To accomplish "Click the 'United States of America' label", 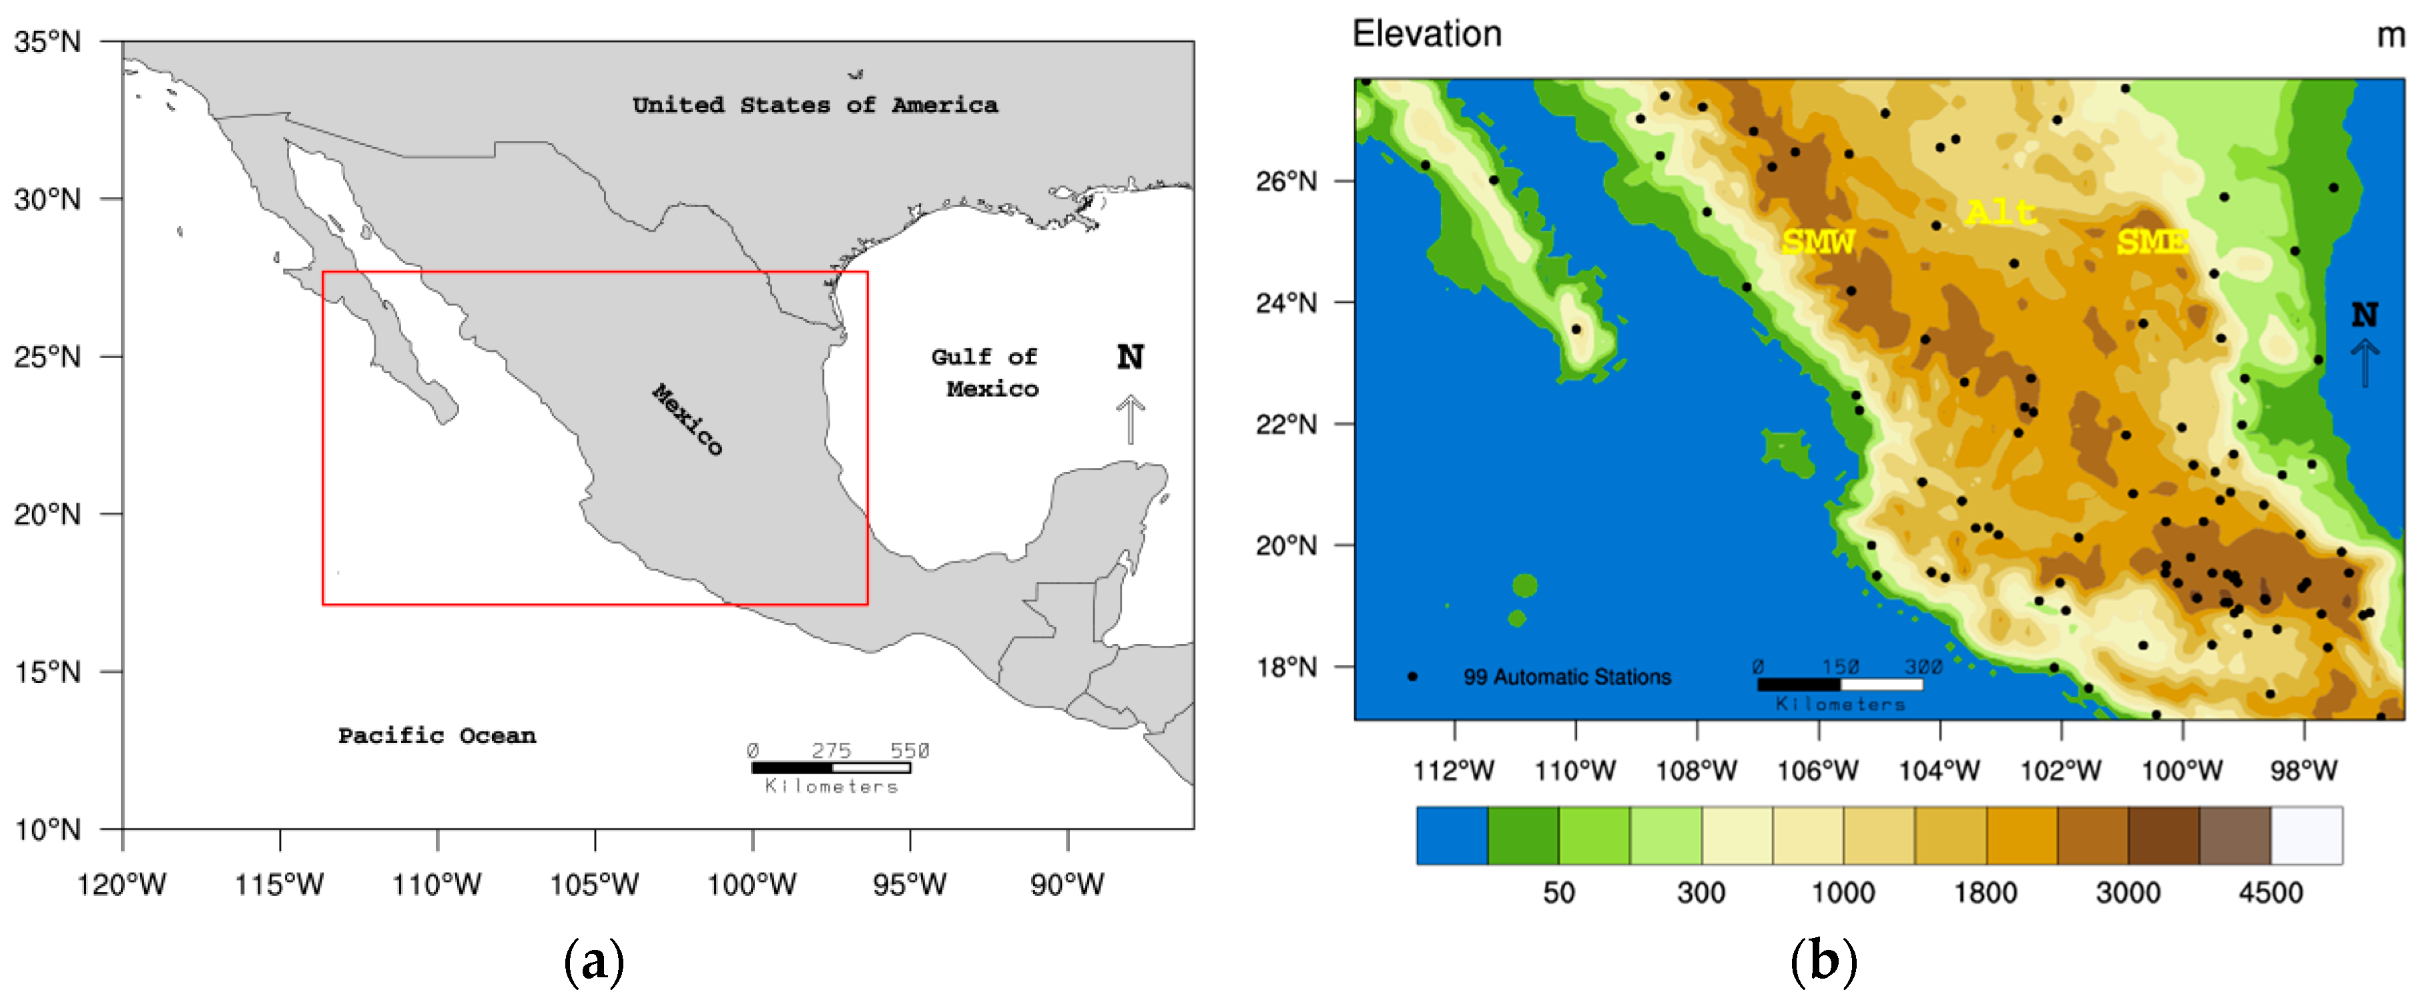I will click(x=814, y=105).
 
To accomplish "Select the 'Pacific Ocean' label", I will click(x=436, y=735).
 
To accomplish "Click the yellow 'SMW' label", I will click(x=1817, y=242).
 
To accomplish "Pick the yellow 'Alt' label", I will click(x=2000, y=212).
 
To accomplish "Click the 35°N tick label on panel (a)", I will click(x=47, y=41).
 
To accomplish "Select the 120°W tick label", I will click(x=121, y=885).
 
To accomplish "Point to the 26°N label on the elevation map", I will click(x=1286, y=180).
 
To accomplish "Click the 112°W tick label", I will click(x=1453, y=770).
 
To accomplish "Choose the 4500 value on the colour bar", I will click(x=2270, y=892).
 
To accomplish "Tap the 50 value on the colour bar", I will click(x=1558, y=892).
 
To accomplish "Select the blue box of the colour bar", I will click(x=1452, y=835).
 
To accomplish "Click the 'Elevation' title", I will click(x=1427, y=34).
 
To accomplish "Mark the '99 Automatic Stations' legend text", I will click(x=1566, y=676).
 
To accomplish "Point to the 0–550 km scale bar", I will click(x=832, y=767).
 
